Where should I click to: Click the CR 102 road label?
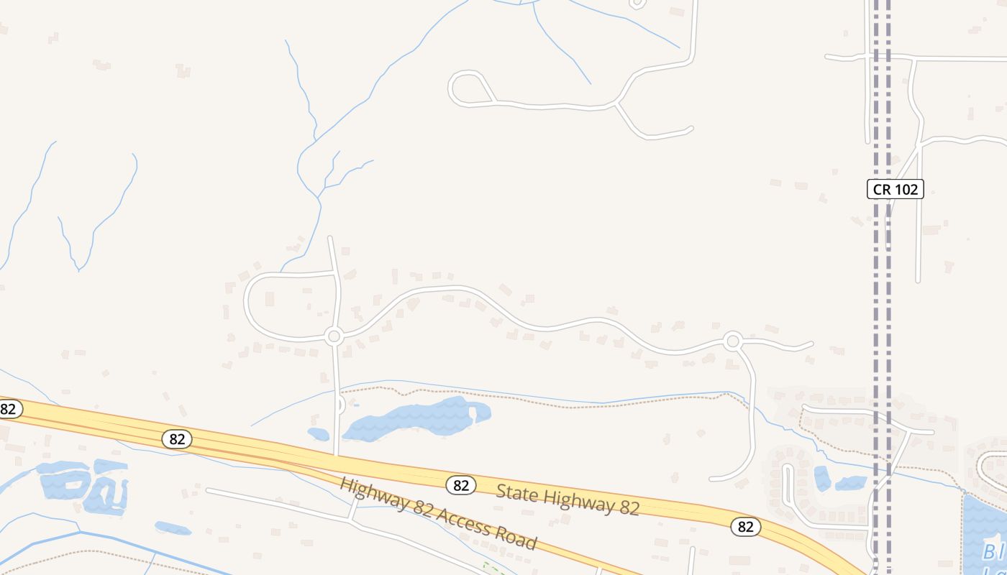coord(895,189)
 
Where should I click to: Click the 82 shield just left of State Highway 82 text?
coord(460,485)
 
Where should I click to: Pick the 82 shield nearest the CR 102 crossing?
coord(746,527)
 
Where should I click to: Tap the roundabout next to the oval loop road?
coord(333,336)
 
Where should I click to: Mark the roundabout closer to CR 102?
coord(733,341)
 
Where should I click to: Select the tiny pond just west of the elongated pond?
coord(318,433)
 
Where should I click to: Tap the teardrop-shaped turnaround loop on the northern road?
coord(468,88)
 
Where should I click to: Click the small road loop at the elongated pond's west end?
coord(340,405)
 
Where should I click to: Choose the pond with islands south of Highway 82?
coord(83,483)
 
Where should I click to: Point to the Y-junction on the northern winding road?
coord(616,105)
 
